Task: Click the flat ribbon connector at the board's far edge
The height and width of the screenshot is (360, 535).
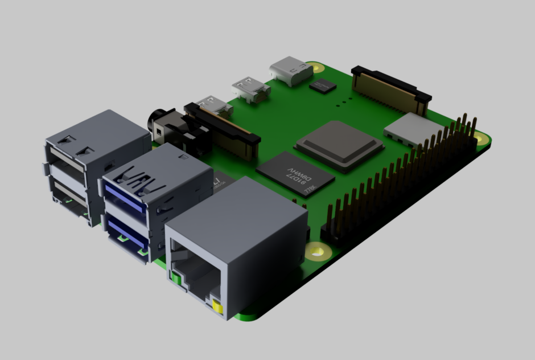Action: [390, 88]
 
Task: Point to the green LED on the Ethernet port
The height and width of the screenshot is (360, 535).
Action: [176, 279]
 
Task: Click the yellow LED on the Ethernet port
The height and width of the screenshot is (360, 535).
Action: [217, 309]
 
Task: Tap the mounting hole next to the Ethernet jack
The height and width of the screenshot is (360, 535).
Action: [316, 249]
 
